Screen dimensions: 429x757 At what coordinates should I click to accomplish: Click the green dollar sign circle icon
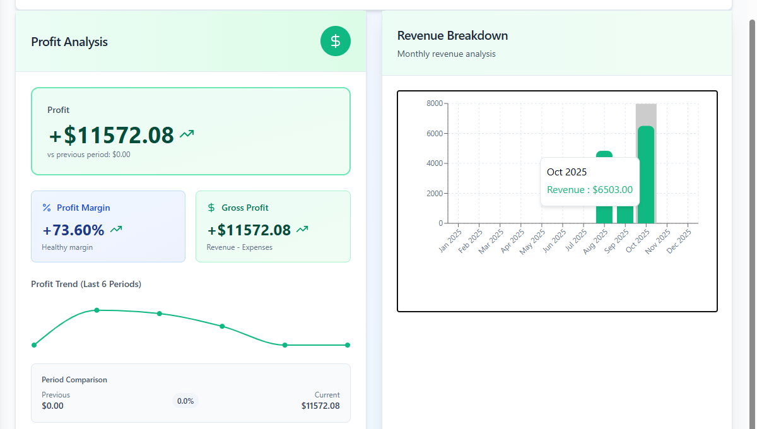tap(336, 42)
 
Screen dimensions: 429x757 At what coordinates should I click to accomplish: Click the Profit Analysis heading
tap(69, 42)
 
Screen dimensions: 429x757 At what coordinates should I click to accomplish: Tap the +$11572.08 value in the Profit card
tap(112, 136)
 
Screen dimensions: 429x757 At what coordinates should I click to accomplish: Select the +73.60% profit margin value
tap(74, 230)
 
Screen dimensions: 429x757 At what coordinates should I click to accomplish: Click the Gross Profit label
tap(245, 208)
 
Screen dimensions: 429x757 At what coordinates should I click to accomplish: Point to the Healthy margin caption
tap(67, 247)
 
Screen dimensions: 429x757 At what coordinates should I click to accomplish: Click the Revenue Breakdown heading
tap(452, 36)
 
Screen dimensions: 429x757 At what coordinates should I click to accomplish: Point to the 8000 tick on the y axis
tap(435, 103)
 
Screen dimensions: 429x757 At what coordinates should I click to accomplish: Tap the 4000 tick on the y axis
tap(435, 163)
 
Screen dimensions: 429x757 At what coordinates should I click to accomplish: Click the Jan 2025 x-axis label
tap(450, 241)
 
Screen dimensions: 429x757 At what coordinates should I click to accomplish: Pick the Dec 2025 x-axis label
tap(680, 241)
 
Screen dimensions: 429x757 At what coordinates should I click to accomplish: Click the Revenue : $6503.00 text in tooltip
tap(589, 190)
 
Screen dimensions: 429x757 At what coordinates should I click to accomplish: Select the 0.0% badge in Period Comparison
tap(185, 401)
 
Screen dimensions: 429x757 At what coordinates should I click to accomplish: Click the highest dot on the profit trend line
tap(97, 310)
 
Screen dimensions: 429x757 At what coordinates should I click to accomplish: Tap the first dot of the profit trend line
tap(34, 345)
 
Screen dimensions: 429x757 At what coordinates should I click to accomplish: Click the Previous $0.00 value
tap(53, 406)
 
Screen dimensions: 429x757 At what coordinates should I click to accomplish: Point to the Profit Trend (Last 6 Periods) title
tap(86, 285)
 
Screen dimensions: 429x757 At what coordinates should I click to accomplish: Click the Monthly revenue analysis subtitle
tap(446, 54)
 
